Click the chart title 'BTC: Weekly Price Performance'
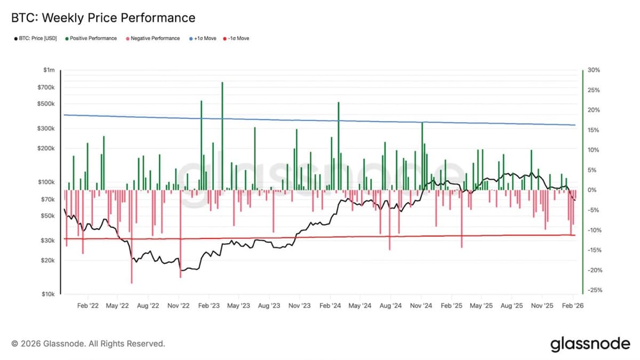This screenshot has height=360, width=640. [103, 18]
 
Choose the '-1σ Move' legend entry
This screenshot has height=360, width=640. [237, 38]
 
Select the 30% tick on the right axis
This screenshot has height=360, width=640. [593, 70]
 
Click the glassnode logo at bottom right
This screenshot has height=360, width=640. [590, 344]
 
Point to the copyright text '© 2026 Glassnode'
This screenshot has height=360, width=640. [88, 344]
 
